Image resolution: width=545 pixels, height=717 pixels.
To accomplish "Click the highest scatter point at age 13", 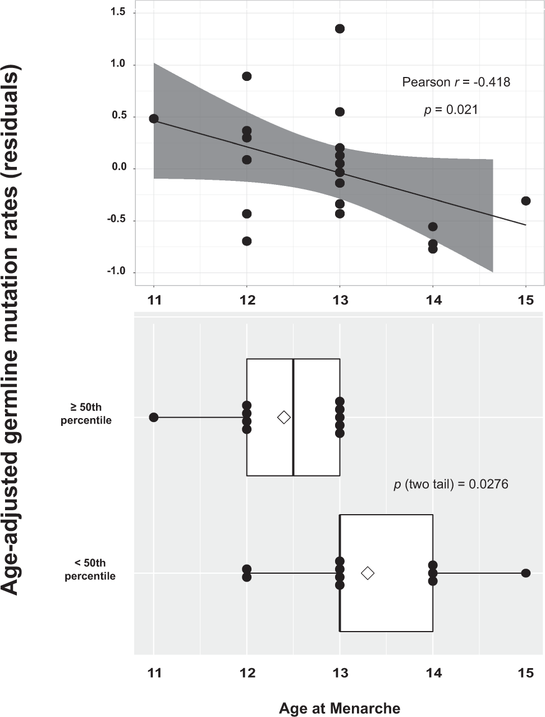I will click(340, 29).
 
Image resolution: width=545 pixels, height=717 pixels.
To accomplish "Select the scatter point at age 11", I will click(154, 119).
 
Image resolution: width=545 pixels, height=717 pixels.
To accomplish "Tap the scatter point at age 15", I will click(526, 201).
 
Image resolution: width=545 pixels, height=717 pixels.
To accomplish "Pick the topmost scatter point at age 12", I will click(246, 76).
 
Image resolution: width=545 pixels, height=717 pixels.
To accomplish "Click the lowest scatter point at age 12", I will click(246, 241).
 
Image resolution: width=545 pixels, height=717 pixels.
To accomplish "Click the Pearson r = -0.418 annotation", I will click(456, 82).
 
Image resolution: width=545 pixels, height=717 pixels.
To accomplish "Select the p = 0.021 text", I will click(451, 110).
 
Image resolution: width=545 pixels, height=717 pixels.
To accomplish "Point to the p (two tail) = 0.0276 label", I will click(451, 484).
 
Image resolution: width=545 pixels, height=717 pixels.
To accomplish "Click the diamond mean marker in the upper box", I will click(284, 417).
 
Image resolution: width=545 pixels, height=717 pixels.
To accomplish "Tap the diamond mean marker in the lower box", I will click(368, 573).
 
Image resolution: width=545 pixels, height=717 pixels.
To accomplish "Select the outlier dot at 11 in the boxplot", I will click(154, 417).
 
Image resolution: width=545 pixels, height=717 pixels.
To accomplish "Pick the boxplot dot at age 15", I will click(526, 573).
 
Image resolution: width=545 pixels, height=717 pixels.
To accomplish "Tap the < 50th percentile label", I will click(90, 569).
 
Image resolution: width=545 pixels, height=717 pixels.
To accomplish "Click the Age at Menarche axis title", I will click(340, 708).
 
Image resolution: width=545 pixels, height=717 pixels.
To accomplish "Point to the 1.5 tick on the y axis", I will click(117, 12).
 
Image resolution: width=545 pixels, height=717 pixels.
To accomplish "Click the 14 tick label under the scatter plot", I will click(433, 300).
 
